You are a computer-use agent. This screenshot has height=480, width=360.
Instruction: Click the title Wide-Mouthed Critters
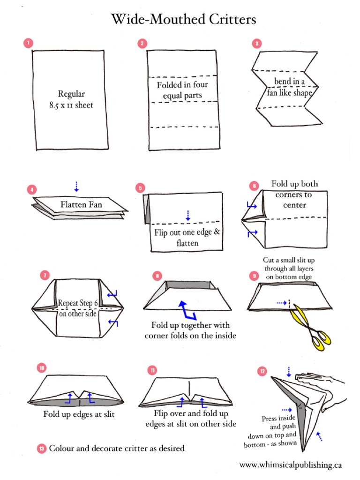tap(183, 20)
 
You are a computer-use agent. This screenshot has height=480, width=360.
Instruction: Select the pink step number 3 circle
tap(256, 44)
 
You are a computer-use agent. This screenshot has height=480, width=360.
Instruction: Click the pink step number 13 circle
tap(41, 449)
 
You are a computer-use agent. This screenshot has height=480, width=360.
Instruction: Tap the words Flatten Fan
tap(81, 204)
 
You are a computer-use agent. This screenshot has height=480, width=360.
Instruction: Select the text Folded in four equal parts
tap(182, 90)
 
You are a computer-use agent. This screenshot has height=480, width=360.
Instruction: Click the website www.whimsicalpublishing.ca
tap(290, 465)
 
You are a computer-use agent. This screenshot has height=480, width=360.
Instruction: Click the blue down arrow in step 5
tap(187, 215)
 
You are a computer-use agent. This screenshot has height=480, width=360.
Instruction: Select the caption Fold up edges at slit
tap(79, 414)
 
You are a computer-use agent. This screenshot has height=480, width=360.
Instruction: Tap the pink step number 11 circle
tap(152, 370)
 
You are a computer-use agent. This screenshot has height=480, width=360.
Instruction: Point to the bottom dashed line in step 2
tap(183, 127)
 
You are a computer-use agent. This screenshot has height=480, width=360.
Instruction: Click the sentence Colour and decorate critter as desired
tap(117, 448)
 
